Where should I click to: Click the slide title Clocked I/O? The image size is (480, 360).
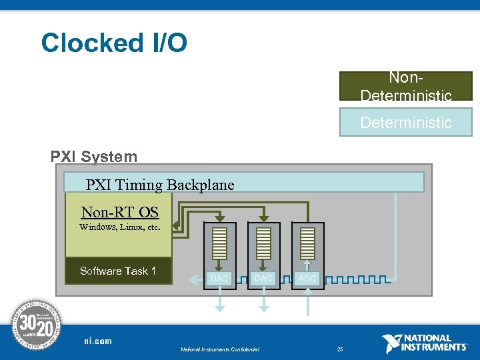pyautogui.click(x=114, y=43)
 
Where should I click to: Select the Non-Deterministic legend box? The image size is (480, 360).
pyautogui.click(x=405, y=86)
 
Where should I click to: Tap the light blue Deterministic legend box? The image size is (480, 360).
pyautogui.click(x=405, y=122)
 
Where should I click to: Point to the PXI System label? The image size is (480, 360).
pyautogui.click(x=94, y=157)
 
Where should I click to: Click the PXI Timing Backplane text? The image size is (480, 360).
pyautogui.click(x=160, y=185)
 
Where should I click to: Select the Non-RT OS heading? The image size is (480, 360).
pyautogui.click(x=120, y=212)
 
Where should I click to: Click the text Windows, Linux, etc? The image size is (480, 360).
pyautogui.click(x=120, y=227)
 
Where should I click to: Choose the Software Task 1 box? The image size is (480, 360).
pyautogui.click(x=119, y=271)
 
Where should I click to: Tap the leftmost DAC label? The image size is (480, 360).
pyautogui.click(x=219, y=278)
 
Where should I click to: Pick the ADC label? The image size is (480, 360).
pyautogui.click(x=307, y=278)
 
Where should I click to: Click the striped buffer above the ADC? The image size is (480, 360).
pyautogui.click(x=307, y=244)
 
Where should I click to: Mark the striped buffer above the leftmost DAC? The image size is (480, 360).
pyautogui.click(x=219, y=244)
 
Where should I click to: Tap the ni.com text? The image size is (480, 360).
pyautogui.click(x=98, y=341)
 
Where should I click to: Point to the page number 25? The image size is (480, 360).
pyautogui.click(x=340, y=349)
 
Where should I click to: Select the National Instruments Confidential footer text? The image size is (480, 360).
pyautogui.click(x=219, y=349)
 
